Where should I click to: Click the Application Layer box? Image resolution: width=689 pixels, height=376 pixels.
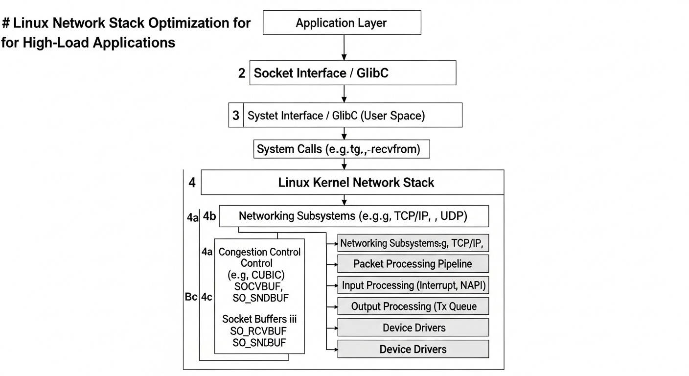pos(342,23)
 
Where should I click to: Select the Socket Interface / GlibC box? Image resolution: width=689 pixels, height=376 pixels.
pos(353,73)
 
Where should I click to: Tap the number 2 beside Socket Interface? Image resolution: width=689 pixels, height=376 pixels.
pos(242,74)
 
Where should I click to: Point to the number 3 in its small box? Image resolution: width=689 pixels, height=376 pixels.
pos(236,116)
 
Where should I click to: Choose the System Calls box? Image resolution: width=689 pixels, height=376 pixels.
pos(342,149)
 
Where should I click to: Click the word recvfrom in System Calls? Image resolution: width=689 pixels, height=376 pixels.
pos(397,149)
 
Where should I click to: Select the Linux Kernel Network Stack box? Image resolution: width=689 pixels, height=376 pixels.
pos(352,183)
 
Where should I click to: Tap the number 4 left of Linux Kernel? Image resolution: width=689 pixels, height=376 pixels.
pos(192,183)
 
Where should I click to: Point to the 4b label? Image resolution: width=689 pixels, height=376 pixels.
pos(210,216)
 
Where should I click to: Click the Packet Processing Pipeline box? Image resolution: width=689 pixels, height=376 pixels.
pos(413,264)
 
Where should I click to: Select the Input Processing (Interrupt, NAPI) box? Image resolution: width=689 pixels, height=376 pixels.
pos(413,285)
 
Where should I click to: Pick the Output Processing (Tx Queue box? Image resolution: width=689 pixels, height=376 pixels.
pos(413,306)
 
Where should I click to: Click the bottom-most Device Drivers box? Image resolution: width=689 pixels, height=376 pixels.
pos(413,349)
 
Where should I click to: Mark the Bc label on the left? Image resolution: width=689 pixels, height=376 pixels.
pos(191,297)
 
